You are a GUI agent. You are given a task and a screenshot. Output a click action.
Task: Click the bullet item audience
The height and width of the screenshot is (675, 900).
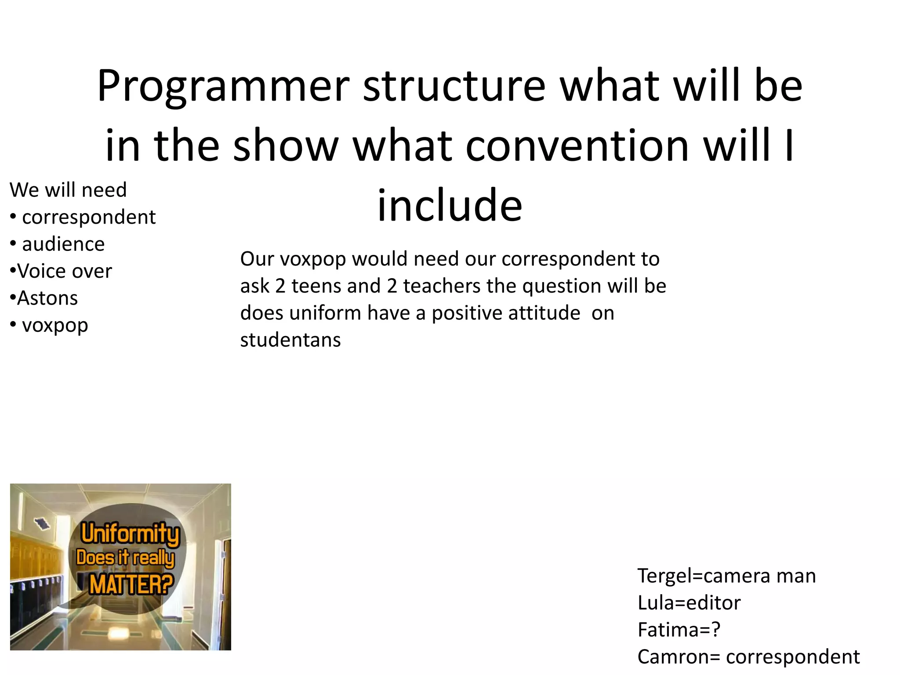[63, 244]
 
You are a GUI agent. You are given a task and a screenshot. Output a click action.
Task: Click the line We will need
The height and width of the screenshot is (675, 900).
[68, 190]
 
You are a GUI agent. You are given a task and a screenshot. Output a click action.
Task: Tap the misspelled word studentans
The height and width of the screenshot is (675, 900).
[290, 340]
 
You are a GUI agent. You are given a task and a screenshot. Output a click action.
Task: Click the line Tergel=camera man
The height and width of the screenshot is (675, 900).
[726, 576]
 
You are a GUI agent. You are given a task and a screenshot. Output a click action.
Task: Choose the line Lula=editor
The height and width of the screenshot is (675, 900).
[689, 603]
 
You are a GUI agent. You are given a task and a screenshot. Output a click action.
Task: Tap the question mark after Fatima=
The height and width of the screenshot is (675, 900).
[716, 630]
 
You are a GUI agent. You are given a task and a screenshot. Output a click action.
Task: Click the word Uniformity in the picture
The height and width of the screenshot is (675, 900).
[131, 533]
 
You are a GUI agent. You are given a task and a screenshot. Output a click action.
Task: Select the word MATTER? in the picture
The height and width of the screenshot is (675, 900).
[131, 584]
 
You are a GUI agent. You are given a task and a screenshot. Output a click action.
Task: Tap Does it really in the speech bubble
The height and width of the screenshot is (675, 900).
[125, 558]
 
